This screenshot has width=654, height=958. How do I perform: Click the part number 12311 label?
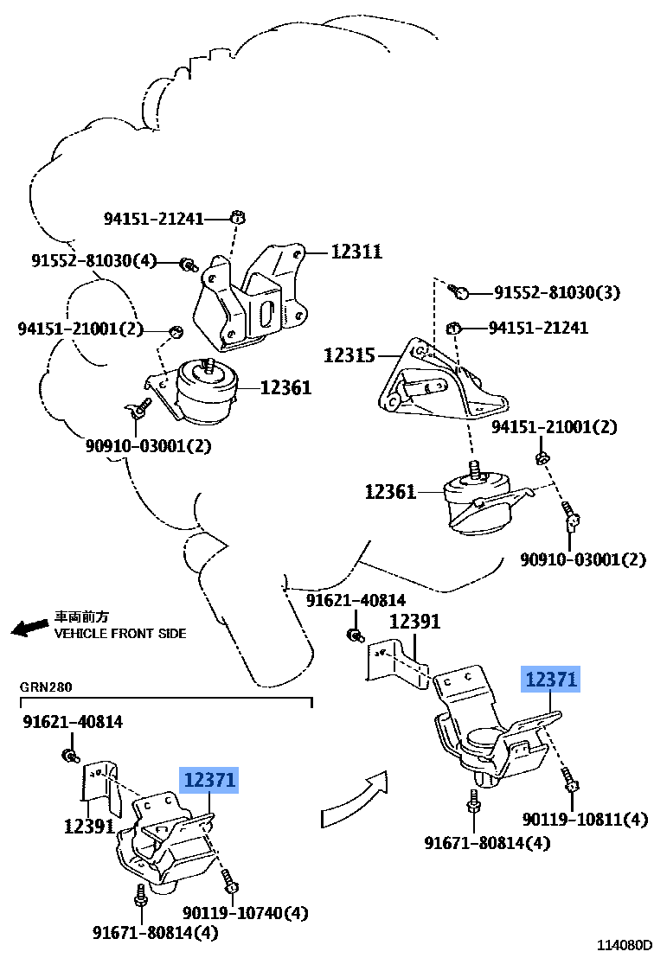click(356, 252)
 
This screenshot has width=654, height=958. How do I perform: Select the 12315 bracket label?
click(349, 354)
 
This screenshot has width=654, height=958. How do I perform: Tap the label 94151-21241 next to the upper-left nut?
click(154, 219)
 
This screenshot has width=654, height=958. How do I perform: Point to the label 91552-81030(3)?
click(557, 292)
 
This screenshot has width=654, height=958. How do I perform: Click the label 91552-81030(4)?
click(94, 260)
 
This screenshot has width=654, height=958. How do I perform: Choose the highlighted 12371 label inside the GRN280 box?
click(208, 781)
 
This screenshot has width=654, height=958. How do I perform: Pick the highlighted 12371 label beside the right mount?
click(550, 680)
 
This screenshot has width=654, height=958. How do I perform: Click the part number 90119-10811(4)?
click(585, 819)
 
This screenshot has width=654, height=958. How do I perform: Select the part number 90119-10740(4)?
click(246, 912)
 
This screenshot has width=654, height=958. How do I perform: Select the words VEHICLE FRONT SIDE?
click(120, 633)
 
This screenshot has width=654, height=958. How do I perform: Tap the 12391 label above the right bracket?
click(414, 621)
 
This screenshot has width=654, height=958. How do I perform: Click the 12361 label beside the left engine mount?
click(285, 388)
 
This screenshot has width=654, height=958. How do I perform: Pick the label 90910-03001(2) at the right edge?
click(583, 559)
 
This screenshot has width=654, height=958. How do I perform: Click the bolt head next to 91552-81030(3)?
click(462, 292)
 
